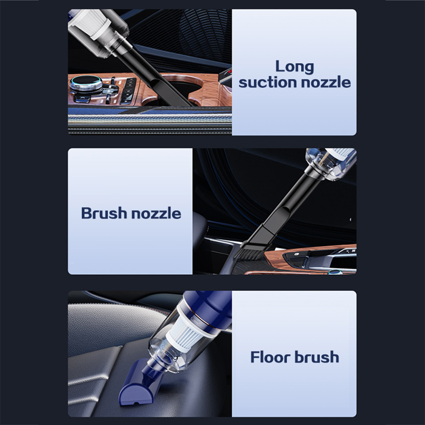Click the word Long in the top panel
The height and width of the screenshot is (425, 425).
[295, 67]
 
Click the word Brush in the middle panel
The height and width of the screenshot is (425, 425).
[103, 213]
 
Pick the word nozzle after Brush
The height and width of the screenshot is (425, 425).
[156, 213]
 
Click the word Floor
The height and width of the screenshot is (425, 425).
[271, 357]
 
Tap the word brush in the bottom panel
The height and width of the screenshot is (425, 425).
[317, 357]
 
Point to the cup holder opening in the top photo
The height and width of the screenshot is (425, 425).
[178, 89]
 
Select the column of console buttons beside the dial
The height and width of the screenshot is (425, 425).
[127, 91]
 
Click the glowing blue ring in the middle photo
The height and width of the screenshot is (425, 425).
[334, 272]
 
